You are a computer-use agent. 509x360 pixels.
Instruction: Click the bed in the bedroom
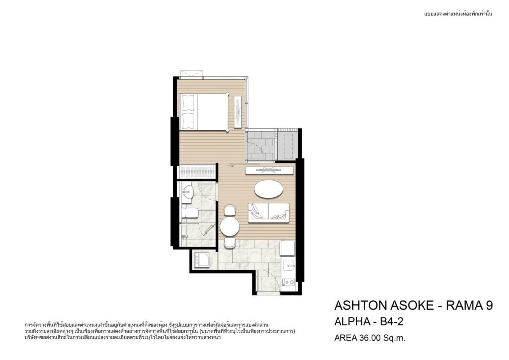[203, 112]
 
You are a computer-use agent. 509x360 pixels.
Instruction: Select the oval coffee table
[268, 189]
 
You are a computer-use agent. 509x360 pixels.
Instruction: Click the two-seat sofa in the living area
[268, 213]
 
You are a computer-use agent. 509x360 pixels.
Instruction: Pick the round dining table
[230, 227]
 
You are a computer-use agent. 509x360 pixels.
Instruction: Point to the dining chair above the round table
[230, 210]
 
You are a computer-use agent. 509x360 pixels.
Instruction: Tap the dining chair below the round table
[230, 243]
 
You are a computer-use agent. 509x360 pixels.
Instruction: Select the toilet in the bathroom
[190, 213]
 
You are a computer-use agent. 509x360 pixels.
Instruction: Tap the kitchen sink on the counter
[289, 266]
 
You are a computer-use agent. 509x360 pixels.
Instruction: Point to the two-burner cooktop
[289, 282]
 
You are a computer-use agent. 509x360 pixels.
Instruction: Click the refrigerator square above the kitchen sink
[288, 248]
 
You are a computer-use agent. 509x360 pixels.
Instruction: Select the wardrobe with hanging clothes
[197, 172]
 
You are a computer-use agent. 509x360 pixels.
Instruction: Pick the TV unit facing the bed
[238, 112]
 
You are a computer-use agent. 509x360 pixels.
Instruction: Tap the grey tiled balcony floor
[260, 145]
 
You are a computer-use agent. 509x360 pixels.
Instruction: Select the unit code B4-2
[392, 321]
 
